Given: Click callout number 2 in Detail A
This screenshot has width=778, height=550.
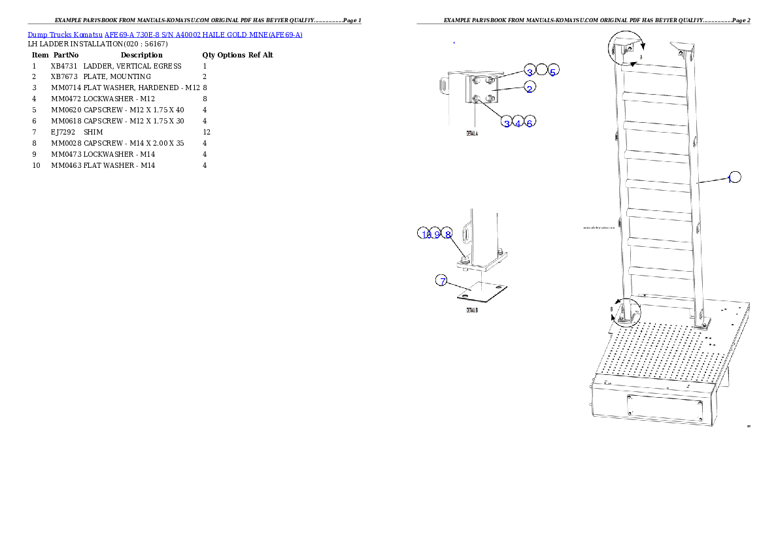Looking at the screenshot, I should click(530, 88).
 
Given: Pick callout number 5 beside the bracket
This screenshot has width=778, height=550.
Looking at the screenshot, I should click(553, 71).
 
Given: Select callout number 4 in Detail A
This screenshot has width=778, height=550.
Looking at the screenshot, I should click(518, 122).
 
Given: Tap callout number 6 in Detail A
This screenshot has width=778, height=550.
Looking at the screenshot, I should click(530, 122).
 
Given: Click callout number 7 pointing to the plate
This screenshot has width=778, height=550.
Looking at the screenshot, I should click(443, 281).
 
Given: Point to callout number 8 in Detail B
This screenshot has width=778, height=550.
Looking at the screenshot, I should click(448, 234).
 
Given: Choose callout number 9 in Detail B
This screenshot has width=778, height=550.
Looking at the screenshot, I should click(436, 234).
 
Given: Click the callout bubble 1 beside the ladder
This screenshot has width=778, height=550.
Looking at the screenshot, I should click(735, 176).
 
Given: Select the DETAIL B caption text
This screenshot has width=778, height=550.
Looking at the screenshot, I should click(471, 310).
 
